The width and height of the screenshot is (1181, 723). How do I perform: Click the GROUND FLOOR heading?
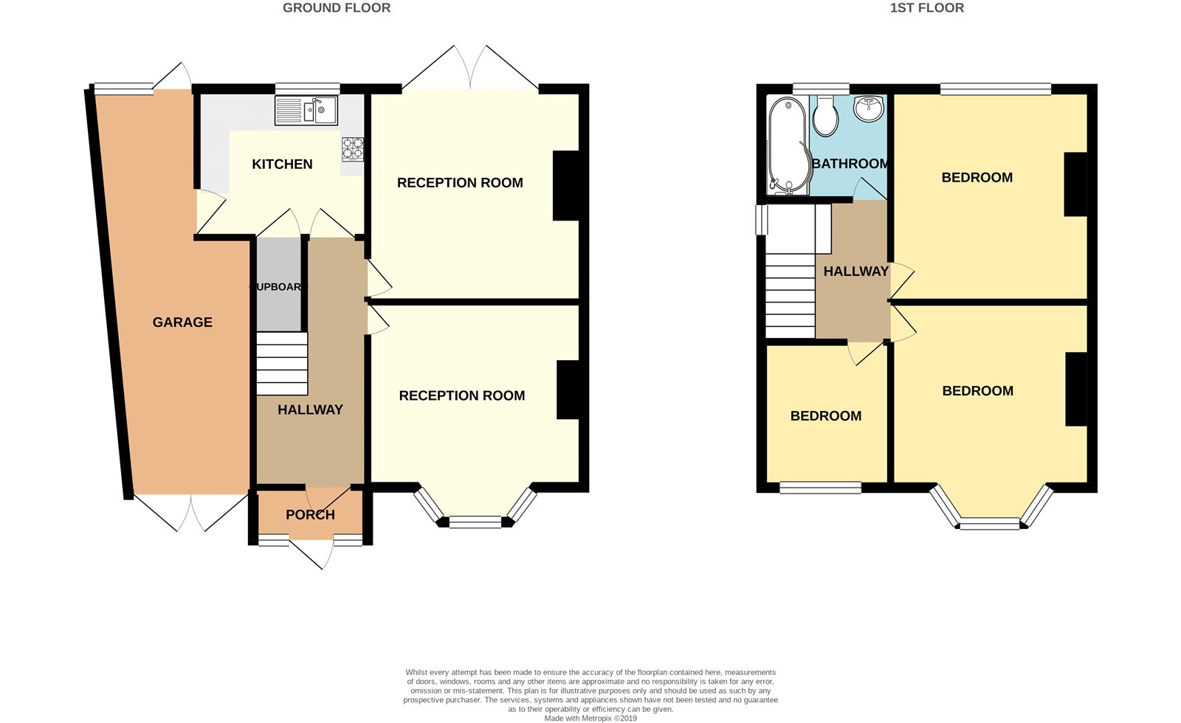[337, 8]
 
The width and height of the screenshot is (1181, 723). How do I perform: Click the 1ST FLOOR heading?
[927, 8]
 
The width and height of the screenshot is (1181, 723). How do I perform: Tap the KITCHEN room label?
[282, 165]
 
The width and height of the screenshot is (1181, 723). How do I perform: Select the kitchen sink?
[306, 111]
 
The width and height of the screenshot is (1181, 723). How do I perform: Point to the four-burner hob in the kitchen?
[353, 149]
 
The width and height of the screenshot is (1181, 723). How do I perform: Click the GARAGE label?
[182, 322]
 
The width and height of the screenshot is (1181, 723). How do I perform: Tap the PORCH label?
[310, 515]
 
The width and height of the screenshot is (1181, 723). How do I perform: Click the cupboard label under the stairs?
[278, 287]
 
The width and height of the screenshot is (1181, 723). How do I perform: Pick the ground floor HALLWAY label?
[310, 409]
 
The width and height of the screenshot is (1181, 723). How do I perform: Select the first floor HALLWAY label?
[855, 271]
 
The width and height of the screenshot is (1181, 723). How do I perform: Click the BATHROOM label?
[850, 164]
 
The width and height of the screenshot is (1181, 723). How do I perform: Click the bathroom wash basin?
[868, 108]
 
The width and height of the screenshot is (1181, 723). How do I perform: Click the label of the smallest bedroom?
[826, 416]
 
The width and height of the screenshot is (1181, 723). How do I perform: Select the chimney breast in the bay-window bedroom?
[1076, 389]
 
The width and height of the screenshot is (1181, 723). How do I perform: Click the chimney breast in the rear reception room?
[565, 185]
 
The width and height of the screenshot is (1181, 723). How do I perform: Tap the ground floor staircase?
[282, 363]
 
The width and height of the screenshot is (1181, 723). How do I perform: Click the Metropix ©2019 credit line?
[590, 718]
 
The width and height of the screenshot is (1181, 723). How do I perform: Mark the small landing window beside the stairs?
[761, 219]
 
